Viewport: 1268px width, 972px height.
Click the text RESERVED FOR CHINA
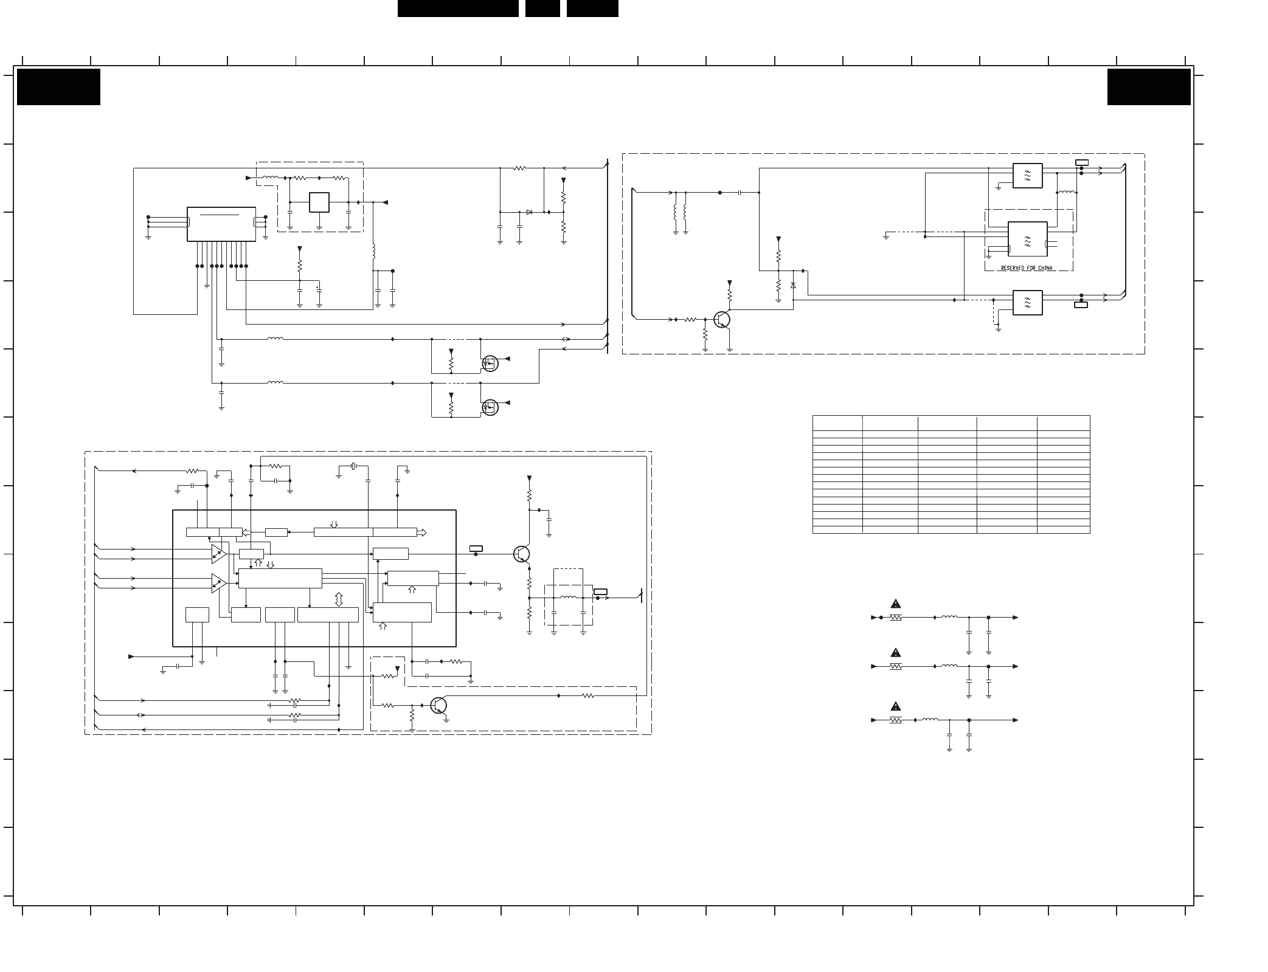[1027, 268]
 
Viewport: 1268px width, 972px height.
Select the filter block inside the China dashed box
[1027, 239]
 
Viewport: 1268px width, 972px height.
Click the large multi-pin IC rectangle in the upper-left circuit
[221, 224]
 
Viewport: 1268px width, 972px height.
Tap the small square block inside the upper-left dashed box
[319, 202]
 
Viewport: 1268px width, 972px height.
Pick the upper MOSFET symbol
[490, 364]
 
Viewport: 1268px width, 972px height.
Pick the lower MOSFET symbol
[490, 407]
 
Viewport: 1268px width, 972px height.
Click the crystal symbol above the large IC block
[353, 466]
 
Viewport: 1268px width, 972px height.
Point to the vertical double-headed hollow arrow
[339, 599]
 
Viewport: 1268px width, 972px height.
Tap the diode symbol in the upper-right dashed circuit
[793, 285]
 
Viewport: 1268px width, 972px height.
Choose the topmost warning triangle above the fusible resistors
[896, 604]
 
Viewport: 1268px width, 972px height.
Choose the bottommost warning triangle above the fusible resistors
[896, 706]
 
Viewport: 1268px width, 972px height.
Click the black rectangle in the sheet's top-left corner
[58, 87]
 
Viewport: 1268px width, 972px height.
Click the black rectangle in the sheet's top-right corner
[1149, 87]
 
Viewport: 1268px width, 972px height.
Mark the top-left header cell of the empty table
[837, 423]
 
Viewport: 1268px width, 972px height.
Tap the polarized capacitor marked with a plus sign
[319, 295]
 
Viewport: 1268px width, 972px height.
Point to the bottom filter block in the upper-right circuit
[1028, 303]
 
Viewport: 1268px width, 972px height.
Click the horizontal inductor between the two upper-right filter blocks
[1066, 193]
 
